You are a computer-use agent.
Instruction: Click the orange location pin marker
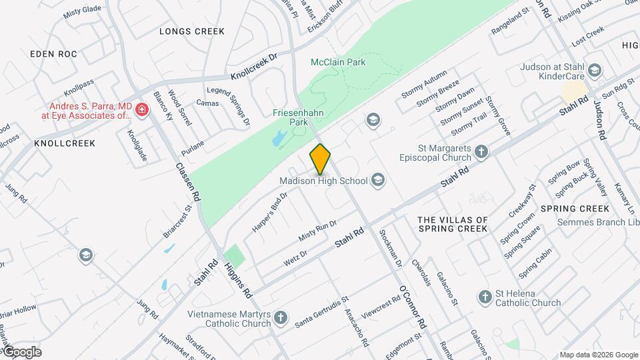point(320,159)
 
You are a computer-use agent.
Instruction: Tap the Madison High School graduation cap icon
point(378,179)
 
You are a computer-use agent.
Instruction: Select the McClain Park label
point(338,62)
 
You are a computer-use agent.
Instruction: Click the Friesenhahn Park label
point(298,118)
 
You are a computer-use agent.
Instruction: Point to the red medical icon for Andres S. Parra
point(141,109)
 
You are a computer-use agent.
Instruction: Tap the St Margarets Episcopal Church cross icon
point(482,153)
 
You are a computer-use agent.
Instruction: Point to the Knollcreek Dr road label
point(253,67)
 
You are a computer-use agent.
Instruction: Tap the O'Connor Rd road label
point(412,307)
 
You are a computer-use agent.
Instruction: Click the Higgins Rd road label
point(237,279)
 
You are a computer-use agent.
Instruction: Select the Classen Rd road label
point(188,182)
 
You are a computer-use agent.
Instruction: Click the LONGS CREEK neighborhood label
point(192,31)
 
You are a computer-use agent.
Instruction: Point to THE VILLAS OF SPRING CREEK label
point(453,224)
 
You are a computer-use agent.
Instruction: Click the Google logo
point(21,352)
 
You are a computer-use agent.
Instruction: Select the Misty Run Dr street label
point(318,230)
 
